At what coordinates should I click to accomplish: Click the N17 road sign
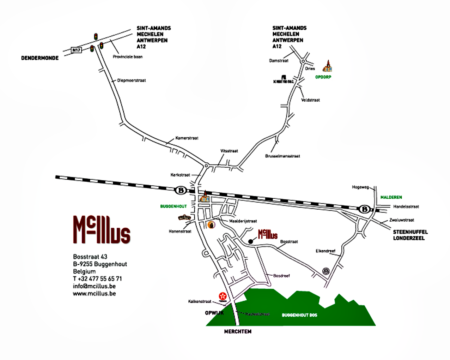[x=77, y=50]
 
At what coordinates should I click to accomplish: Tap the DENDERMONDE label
[x=40, y=58]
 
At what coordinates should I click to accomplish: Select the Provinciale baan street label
[x=128, y=56]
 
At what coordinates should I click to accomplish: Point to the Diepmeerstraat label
[x=132, y=80]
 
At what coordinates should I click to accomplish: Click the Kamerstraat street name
[x=187, y=138]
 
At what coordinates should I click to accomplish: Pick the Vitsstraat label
[x=229, y=151]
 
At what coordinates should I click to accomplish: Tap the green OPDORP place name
[x=323, y=77]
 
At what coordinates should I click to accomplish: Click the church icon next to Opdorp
[x=328, y=66]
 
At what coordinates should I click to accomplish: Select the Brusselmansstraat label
[x=282, y=156]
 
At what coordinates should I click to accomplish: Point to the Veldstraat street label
[x=310, y=100]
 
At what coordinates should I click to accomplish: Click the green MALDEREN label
[x=391, y=197]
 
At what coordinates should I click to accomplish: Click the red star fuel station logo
[x=223, y=297]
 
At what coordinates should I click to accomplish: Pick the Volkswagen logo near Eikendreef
[x=326, y=271]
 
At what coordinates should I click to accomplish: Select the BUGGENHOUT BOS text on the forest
[x=299, y=315]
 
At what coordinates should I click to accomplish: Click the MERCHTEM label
[x=238, y=332]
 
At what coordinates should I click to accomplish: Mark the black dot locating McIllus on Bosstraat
[x=250, y=241]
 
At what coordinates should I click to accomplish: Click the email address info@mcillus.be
[x=94, y=286]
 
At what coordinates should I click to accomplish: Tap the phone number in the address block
[x=97, y=279]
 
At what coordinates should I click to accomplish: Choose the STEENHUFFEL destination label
[x=410, y=232]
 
